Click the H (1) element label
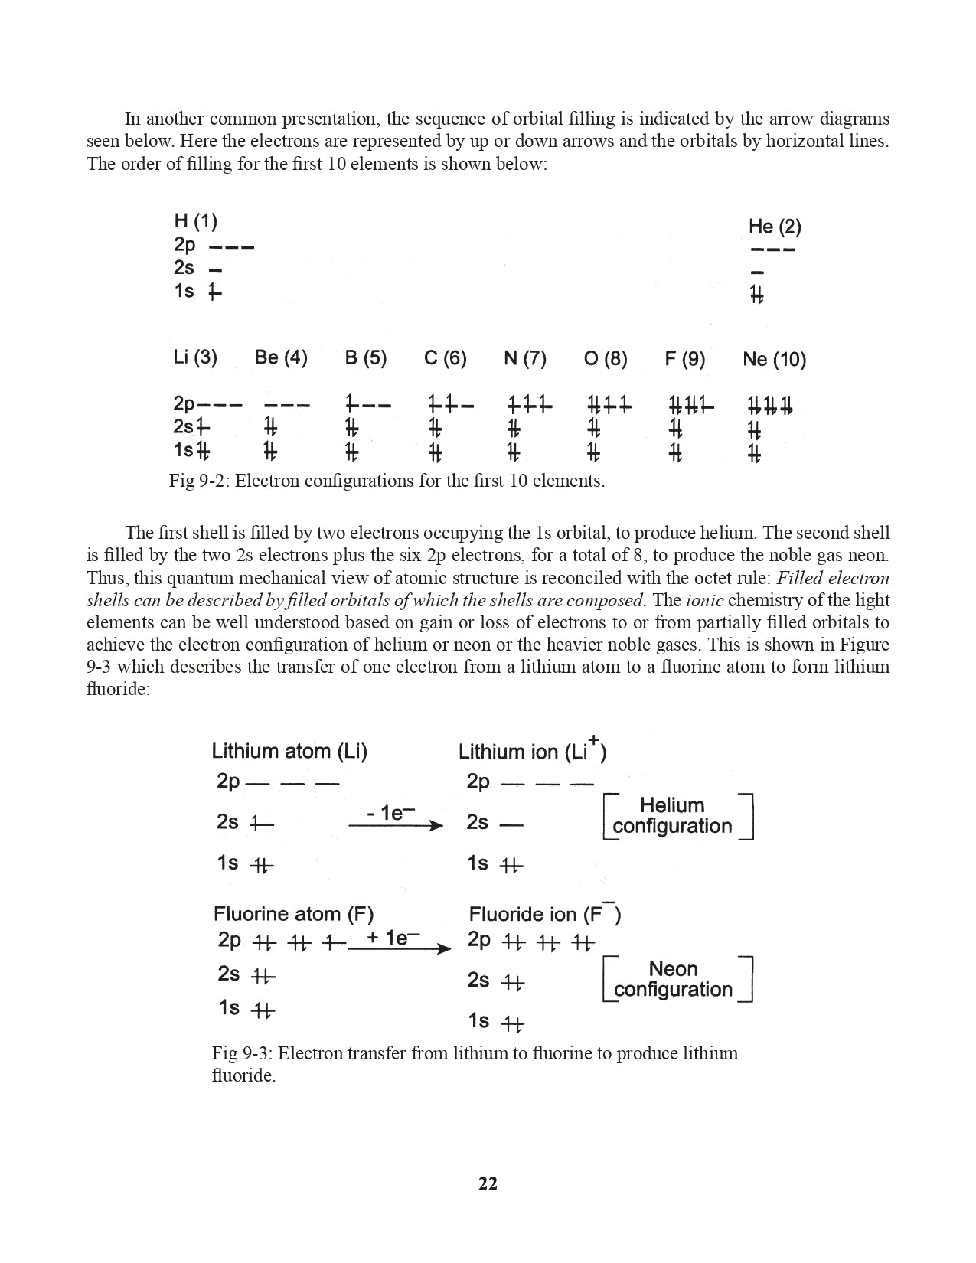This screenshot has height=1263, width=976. [x=196, y=222]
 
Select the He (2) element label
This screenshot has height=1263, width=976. [x=775, y=227]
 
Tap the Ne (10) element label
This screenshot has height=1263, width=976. [x=774, y=359]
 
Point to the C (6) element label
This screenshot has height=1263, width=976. [x=446, y=358]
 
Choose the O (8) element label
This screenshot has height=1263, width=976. [x=606, y=358]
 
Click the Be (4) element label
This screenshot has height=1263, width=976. [x=281, y=357]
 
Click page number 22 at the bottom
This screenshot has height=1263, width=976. [x=488, y=1183]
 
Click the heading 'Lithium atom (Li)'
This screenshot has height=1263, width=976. [x=289, y=751]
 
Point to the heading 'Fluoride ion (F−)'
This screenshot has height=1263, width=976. [x=544, y=914]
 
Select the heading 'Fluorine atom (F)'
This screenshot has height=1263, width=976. [x=293, y=914]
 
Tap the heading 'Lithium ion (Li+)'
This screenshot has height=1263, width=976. [x=532, y=751]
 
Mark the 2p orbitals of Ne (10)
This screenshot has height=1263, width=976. [x=769, y=405]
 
